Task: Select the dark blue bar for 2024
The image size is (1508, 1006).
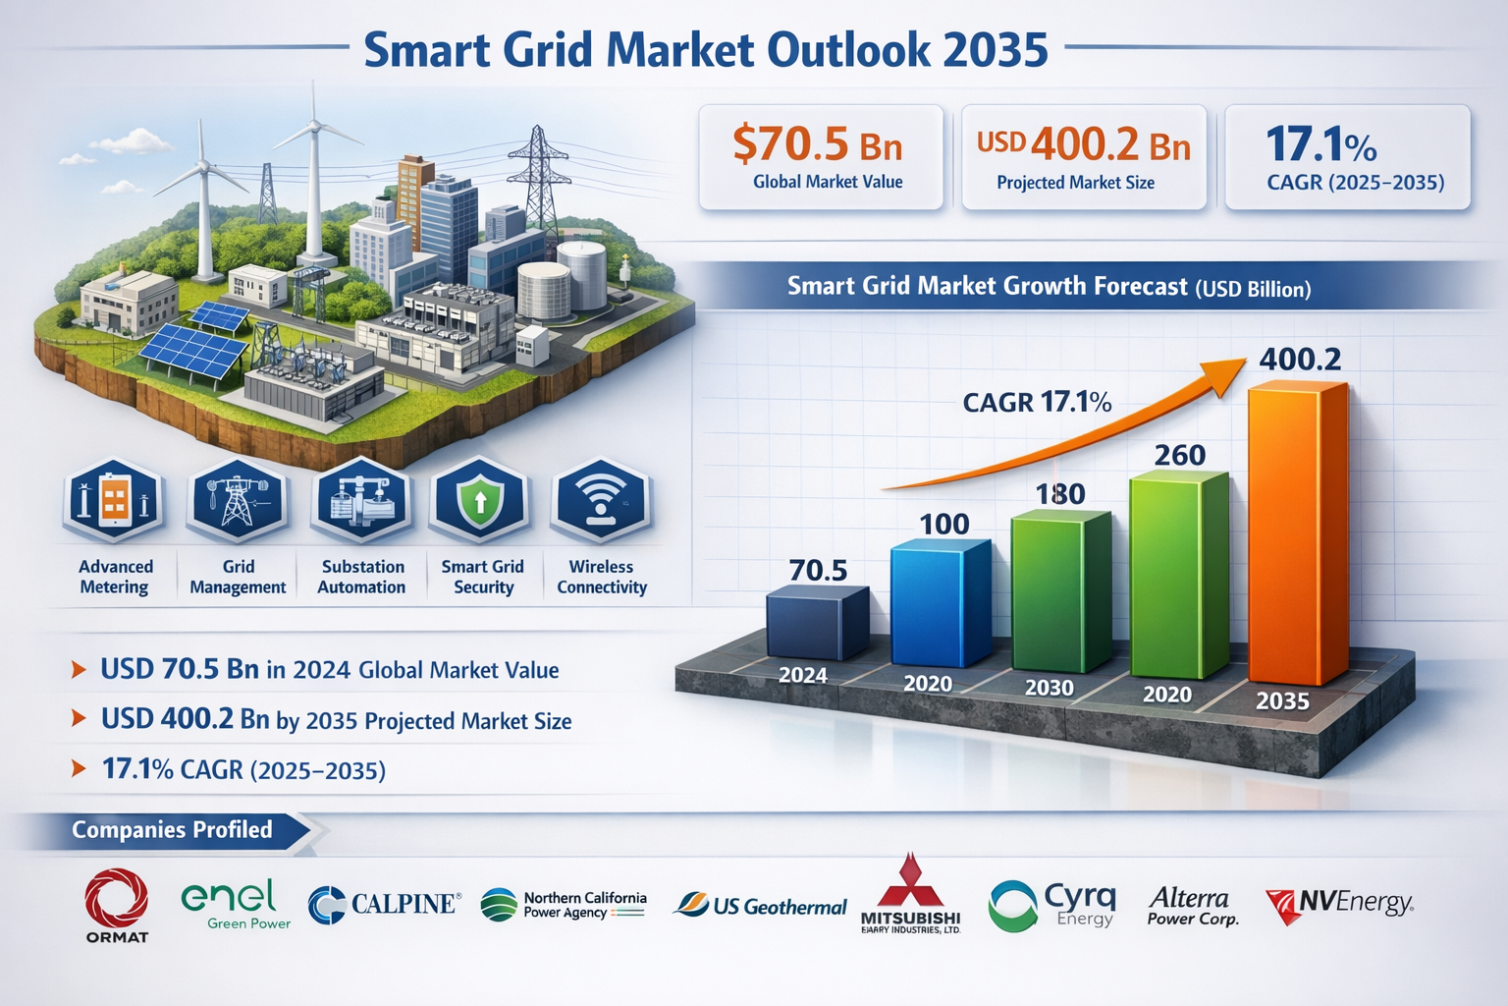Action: tap(815, 625)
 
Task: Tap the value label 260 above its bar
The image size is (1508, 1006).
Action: tap(1179, 455)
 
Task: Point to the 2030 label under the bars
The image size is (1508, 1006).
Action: tap(1049, 688)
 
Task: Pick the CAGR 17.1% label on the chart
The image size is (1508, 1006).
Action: tap(1037, 402)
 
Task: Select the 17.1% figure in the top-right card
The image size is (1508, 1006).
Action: tap(1320, 145)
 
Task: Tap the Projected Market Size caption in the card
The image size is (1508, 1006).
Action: tap(1075, 183)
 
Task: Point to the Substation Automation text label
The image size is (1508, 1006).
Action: tap(362, 577)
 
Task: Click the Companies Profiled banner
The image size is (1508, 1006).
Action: tap(172, 830)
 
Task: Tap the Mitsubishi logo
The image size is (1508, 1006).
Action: tap(910, 896)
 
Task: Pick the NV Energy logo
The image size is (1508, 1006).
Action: tap(1338, 905)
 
